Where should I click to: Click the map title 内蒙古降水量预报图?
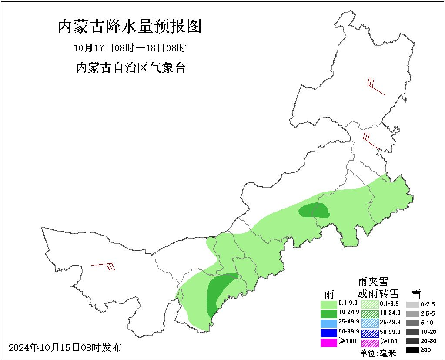click(x=130, y=27)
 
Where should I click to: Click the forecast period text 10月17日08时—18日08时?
click(x=130, y=47)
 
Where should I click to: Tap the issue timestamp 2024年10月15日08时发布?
click(x=65, y=348)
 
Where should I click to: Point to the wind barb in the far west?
click(x=104, y=265)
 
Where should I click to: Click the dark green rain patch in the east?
click(x=314, y=211)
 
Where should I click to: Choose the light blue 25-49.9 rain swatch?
click(x=328, y=323)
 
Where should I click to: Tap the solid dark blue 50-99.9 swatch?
click(x=328, y=333)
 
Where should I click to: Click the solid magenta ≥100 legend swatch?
click(x=328, y=342)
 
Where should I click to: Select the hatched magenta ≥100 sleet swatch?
click(x=370, y=342)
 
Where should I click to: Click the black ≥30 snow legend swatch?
click(x=412, y=350)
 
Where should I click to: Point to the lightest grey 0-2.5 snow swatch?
click(x=412, y=304)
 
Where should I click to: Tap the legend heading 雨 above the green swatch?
click(x=329, y=293)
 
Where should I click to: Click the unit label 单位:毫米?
click(x=378, y=353)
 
